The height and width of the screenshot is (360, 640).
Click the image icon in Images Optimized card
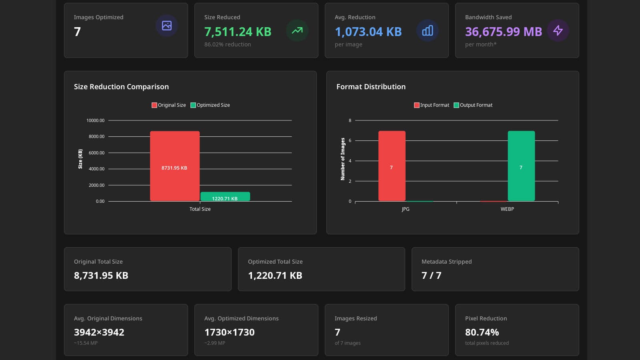(x=167, y=26)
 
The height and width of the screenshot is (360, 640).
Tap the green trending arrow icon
(x=297, y=30)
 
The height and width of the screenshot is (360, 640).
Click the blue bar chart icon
(x=428, y=30)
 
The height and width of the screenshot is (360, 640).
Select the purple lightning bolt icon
(x=558, y=30)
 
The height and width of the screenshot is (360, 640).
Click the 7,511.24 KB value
(x=238, y=32)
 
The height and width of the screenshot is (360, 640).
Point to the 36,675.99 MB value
(x=504, y=32)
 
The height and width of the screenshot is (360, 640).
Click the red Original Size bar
(x=175, y=166)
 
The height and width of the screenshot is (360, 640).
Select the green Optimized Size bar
(x=225, y=196)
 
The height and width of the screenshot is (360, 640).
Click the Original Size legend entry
(x=168, y=105)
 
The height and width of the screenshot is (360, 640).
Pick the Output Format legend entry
(x=473, y=105)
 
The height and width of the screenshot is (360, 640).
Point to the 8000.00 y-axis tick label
(x=96, y=136)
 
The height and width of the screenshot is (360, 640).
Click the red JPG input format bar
(x=392, y=166)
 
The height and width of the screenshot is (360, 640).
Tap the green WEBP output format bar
(x=521, y=166)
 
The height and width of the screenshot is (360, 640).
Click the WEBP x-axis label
(x=507, y=209)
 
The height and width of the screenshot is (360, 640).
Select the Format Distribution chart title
(x=371, y=86)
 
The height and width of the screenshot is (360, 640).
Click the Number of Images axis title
(x=342, y=159)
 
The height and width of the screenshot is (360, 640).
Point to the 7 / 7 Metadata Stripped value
(x=432, y=276)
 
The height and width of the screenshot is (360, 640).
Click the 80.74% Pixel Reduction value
(x=482, y=332)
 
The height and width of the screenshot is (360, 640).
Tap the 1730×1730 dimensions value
(x=230, y=332)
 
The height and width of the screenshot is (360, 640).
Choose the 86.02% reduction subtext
(x=228, y=44)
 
